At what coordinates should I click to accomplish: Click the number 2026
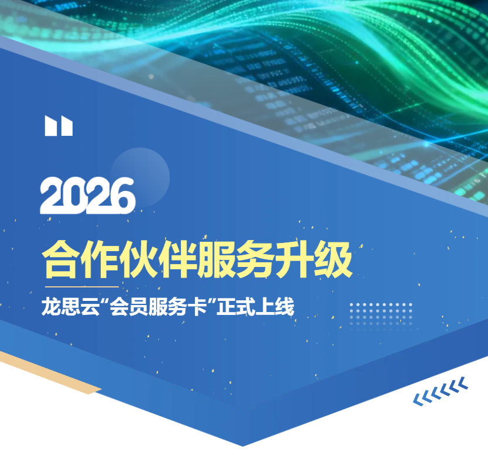88,196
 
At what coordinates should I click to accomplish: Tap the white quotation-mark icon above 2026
59,126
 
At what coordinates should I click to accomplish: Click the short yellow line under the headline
82,287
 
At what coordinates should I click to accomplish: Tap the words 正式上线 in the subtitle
255,307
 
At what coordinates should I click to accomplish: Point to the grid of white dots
381,314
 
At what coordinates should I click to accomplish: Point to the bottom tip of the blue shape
242,444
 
